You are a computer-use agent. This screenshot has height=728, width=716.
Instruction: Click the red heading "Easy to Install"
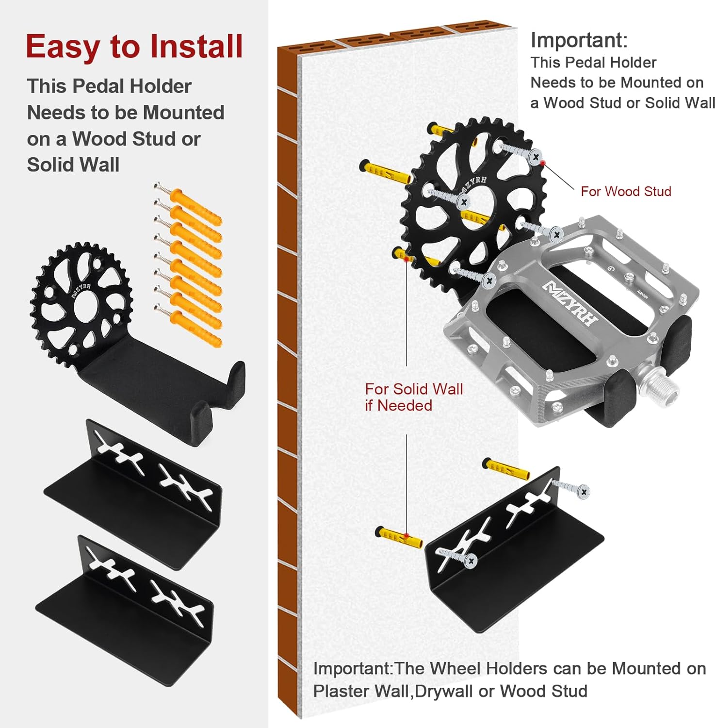tap(134, 47)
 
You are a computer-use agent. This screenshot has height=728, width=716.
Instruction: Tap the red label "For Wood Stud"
tap(626, 191)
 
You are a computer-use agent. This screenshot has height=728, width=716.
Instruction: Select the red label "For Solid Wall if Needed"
tap(413, 397)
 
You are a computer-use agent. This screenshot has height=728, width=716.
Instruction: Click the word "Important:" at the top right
tap(579, 40)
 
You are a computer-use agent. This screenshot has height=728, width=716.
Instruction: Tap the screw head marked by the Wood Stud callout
tap(536, 157)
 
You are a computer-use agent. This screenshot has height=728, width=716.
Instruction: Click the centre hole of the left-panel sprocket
tap(87, 305)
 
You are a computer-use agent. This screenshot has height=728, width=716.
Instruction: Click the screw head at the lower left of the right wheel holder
tap(470, 561)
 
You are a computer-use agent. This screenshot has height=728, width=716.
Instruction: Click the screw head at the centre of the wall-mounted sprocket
tap(464, 201)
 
